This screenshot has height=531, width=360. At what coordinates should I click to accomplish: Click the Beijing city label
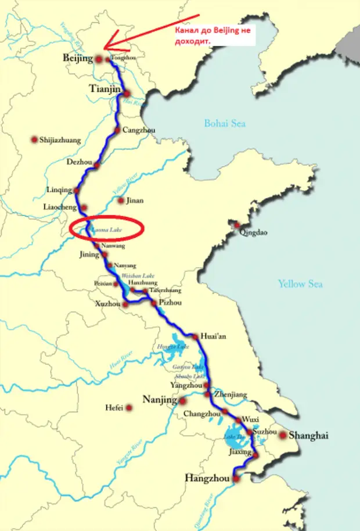tap(77, 59)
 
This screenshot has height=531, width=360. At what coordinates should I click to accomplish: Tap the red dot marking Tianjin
tap(127, 93)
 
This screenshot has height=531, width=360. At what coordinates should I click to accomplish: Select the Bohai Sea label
tap(224, 123)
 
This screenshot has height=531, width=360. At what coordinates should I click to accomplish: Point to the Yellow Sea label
tap(299, 284)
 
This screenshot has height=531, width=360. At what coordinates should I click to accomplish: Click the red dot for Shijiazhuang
tap(34, 139)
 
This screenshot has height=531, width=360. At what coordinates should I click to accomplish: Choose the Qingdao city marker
tap(237, 224)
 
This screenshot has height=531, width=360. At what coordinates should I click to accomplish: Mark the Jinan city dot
tap(121, 201)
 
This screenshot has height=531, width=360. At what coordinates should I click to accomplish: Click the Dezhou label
tap(80, 162)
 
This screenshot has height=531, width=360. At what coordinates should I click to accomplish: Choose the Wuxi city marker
tap(238, 420)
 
